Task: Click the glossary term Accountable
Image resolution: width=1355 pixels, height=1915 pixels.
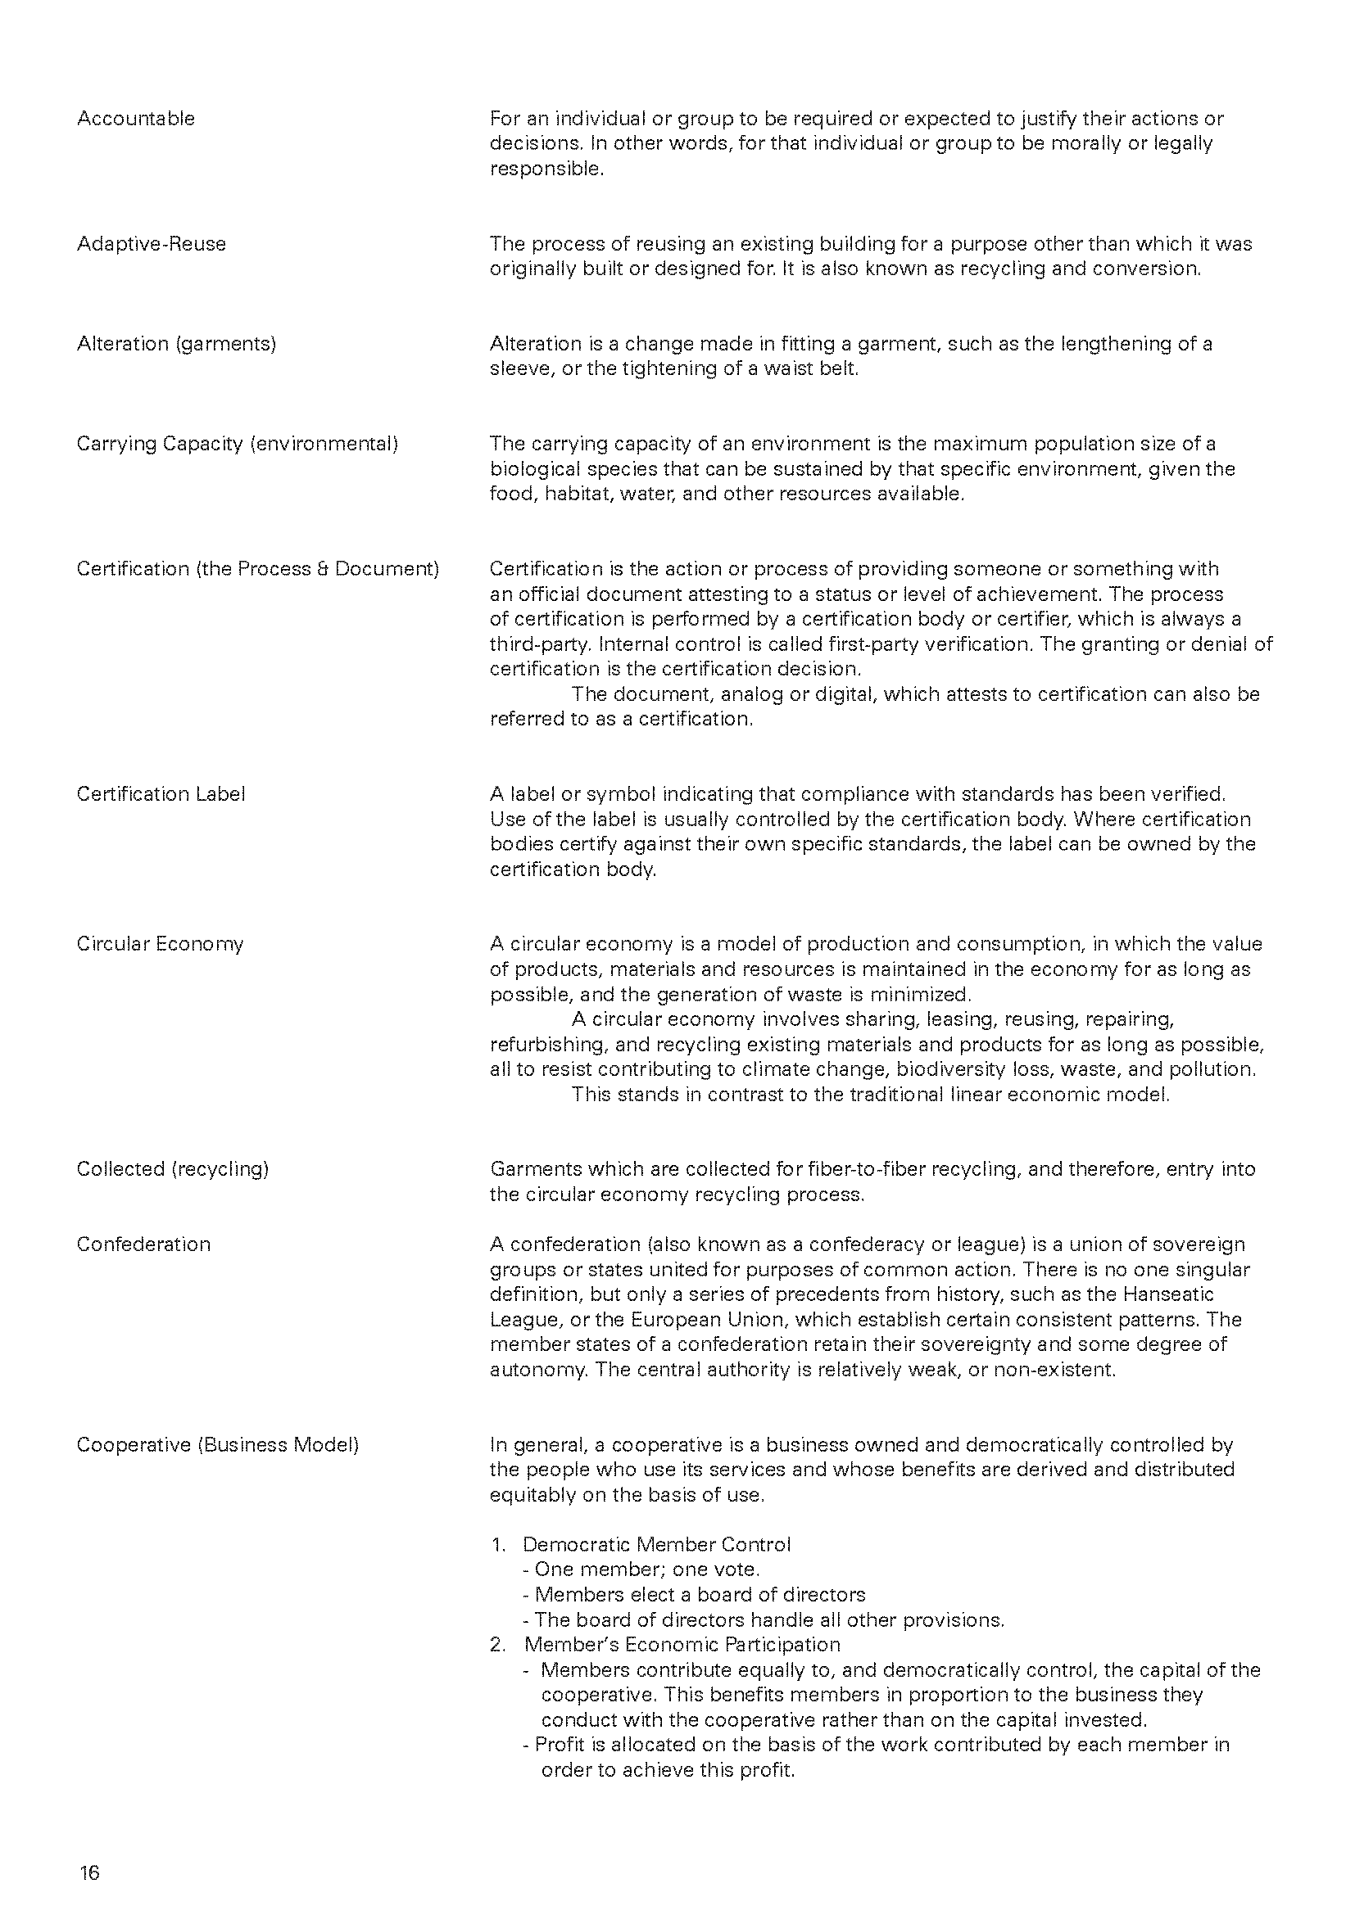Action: tap(136, 119)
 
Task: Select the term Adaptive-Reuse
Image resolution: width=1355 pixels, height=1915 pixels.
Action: tap(151, 243)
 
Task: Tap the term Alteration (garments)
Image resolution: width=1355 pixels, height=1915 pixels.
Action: tap(176, 344)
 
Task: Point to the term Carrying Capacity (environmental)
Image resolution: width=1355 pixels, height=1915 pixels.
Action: tap(237, 444)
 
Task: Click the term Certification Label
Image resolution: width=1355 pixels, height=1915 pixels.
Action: tap(161, 794)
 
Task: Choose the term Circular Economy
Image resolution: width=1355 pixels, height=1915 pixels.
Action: tap(161, 944)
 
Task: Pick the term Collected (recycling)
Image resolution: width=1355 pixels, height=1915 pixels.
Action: tap(173, 1169)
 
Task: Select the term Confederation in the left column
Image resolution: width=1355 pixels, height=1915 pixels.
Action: tap(143, 1244)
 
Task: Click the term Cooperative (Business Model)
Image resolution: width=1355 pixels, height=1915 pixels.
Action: tap(218, 1444)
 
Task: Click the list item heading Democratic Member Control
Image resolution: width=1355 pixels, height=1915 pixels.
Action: tap(657, 1545)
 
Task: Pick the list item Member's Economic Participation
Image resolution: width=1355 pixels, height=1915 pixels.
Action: tap(682, 1645)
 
